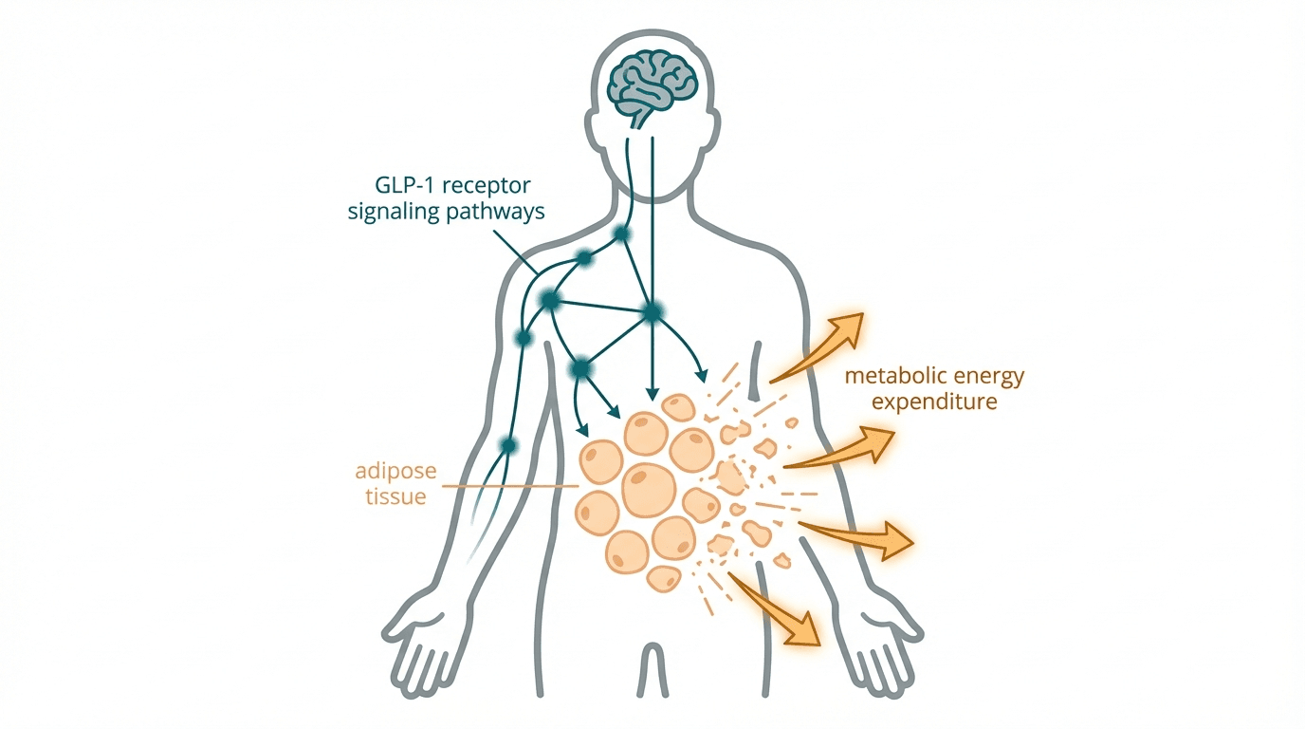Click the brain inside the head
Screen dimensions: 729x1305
point(652,78)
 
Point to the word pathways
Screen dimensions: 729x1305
point(497,211)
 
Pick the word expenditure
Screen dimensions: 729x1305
point(935,402)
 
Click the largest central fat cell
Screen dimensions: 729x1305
point(650,490)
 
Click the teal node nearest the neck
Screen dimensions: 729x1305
point(622,234)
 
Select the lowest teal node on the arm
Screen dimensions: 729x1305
point(509,444)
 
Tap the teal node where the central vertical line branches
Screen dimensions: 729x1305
point(652,310)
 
